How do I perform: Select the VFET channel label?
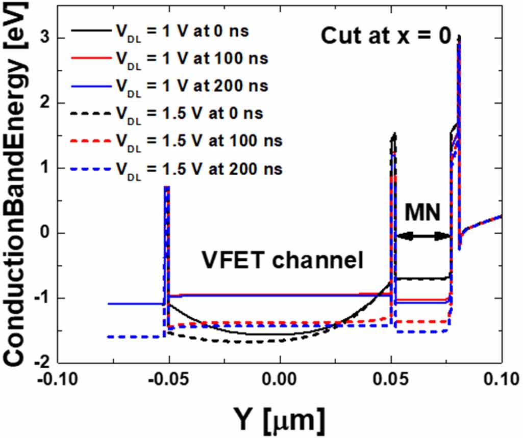click(x=281, y=260)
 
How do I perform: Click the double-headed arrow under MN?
click(x=423, y=236)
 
